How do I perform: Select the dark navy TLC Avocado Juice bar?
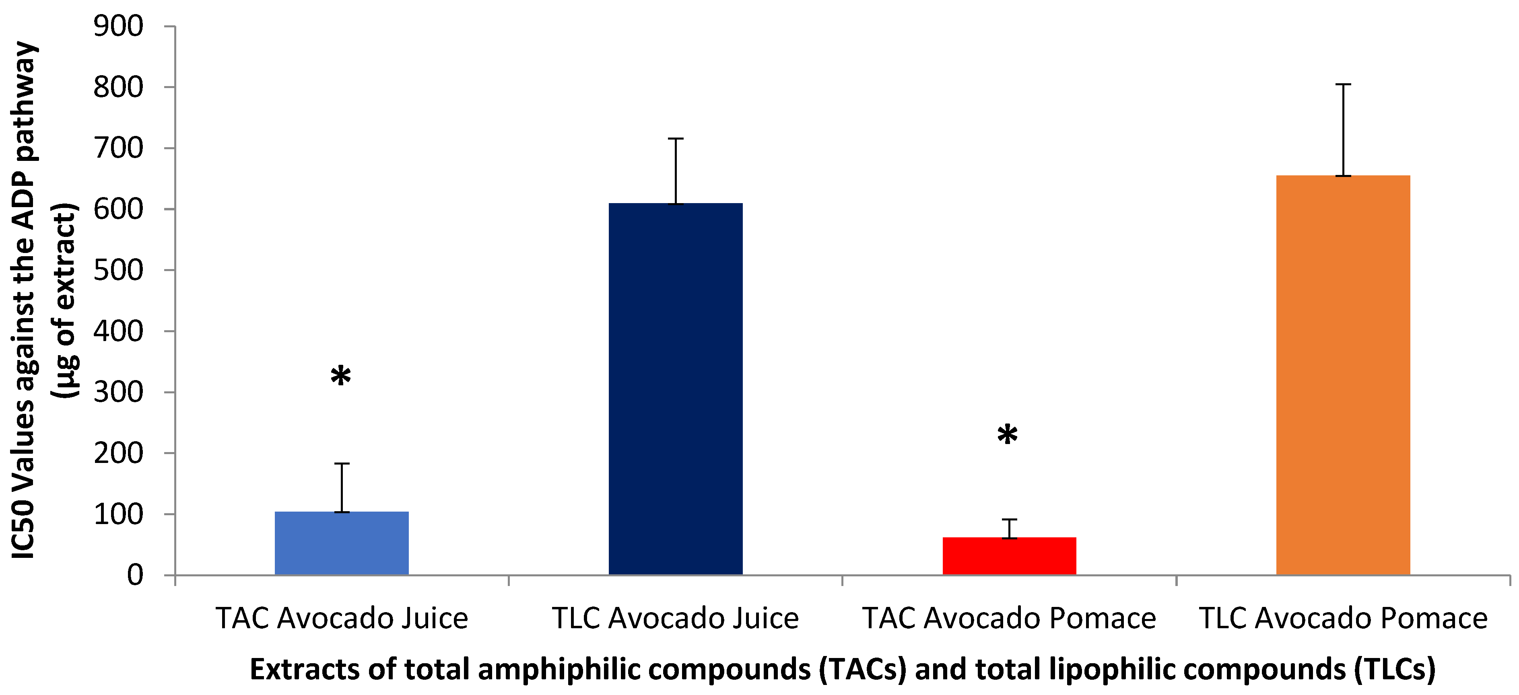(x=675, y=389)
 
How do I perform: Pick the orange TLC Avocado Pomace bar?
(x=1343, y=375)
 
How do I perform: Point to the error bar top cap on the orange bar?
(x=1343, y=85)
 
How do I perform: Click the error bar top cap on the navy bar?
(x=676, y=138)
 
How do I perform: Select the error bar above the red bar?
(x=1010, y=528)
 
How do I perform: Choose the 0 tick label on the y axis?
(x=135, y=575)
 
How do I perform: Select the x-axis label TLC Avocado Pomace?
(x=1343, y=618)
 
